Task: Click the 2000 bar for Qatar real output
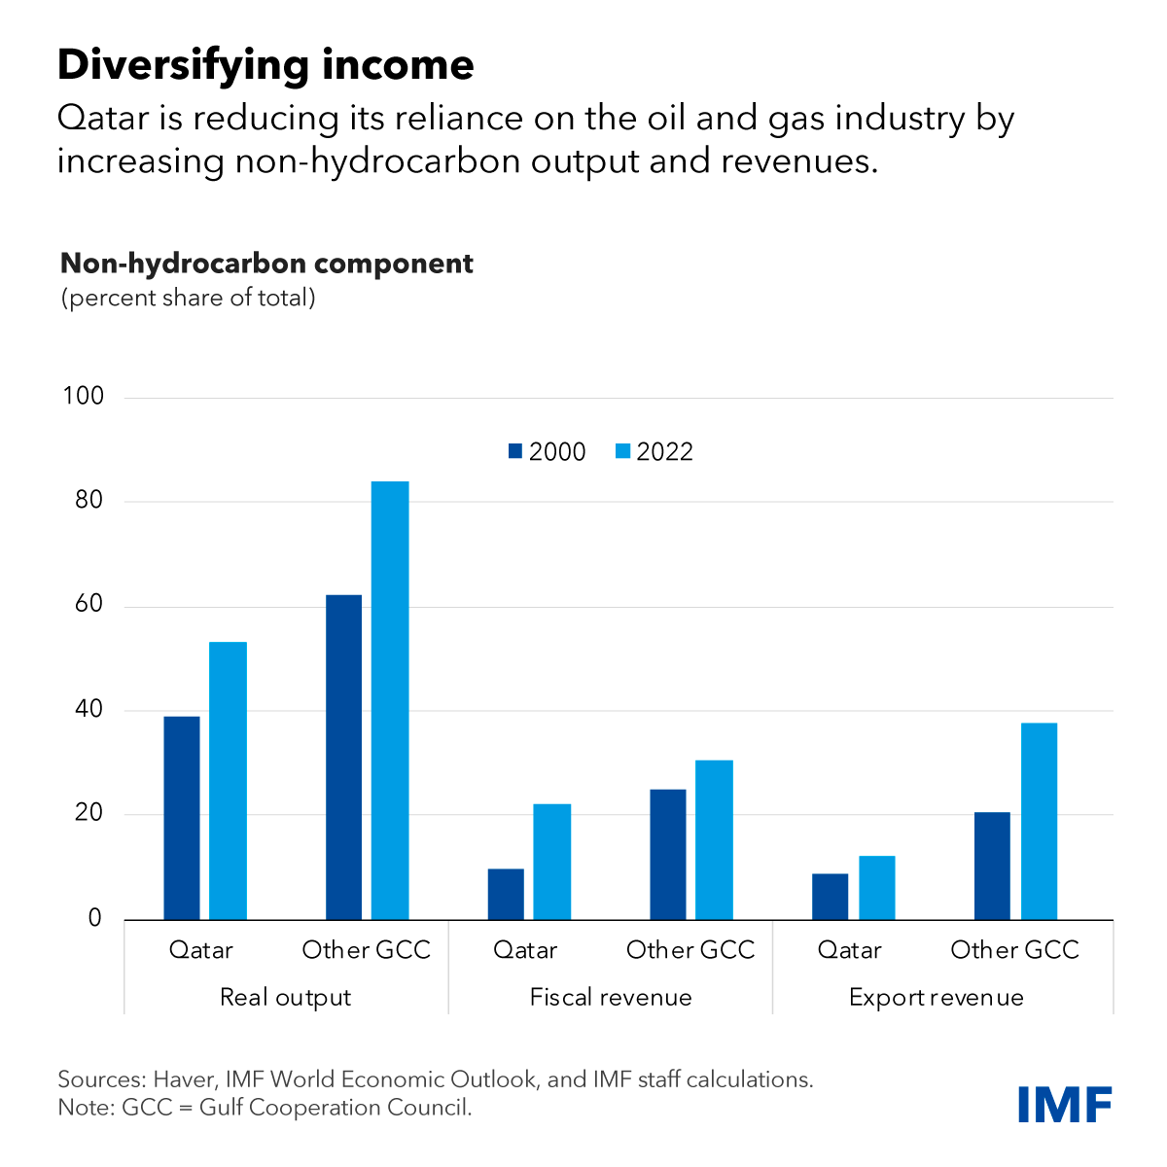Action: coord(182,818)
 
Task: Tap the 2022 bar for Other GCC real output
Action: coord(391,700)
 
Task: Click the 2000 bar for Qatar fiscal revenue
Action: coord(506,894)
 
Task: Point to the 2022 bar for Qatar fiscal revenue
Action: coord(553,862)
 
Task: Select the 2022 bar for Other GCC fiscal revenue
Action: coord(715,839)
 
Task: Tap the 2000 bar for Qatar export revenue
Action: coord(830,897)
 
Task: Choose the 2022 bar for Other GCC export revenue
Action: coord(1039,821)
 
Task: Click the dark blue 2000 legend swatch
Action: coord(515,451)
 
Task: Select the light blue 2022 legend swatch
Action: coord(623,451)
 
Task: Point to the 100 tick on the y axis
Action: coord(83,397)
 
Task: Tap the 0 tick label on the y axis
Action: coord(94,918)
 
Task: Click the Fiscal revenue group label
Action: coord(611,998)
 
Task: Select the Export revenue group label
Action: coord(936,998)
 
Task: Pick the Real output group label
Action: coord(285,998)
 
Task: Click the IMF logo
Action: coord(1065,1104)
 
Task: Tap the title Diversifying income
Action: coord(265,65)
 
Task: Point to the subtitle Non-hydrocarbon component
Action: coord(267,264)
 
